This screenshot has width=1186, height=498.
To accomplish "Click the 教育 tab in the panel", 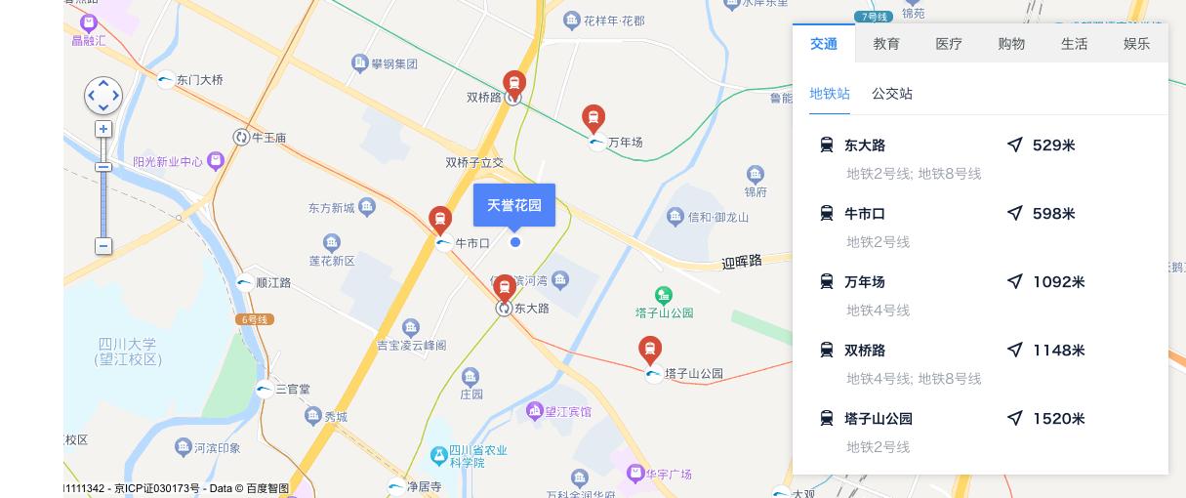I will click(886, 44).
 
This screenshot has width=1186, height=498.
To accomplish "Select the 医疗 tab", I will click(949, 44).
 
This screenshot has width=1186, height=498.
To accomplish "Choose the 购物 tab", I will click(1011, 44).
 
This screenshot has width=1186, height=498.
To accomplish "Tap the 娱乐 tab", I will click(1136, 44).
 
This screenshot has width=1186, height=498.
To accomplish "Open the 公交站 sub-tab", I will click(892, 94).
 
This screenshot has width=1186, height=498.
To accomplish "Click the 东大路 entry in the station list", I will click(865, 145).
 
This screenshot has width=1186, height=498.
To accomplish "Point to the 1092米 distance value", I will click(1058, 282).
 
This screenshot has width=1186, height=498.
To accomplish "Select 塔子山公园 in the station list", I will click(879, 419).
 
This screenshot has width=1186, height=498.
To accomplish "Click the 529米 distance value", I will click(1053, 145).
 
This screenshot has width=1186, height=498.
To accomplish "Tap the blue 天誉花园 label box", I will click(514, 205).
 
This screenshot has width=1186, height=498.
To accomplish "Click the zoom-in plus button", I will click(103, 129).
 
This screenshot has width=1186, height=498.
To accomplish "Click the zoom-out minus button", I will click(103, 246).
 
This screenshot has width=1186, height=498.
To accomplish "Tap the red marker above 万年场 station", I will click(593, 118).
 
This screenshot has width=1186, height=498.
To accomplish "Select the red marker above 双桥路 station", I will click(514, 82).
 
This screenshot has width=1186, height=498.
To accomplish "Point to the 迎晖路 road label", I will click(756, 261).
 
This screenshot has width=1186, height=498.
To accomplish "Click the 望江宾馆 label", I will click(566, 412).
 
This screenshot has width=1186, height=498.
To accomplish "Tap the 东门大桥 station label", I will click(200, 80).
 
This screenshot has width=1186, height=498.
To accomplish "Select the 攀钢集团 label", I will click(394, 64).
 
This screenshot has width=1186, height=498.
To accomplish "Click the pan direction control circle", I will click(103, 96).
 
